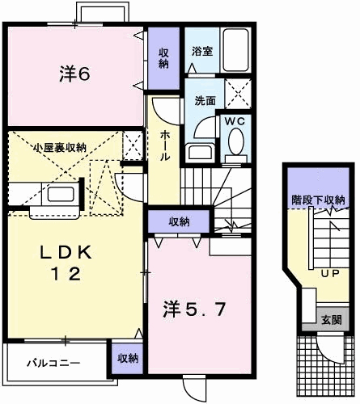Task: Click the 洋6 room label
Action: coord(74,74)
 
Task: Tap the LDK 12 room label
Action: coord(68,263)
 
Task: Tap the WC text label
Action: coord(235,121)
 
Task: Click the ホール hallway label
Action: coord(165,145)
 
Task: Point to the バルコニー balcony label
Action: coord(51,363)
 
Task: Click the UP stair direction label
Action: coord(330,272)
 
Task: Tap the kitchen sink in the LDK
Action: coord(60,195)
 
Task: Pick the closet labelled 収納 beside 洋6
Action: coord(163,58)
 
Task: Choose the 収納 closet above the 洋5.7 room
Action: coord(180,221)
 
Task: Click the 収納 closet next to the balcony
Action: coord(125,357)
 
